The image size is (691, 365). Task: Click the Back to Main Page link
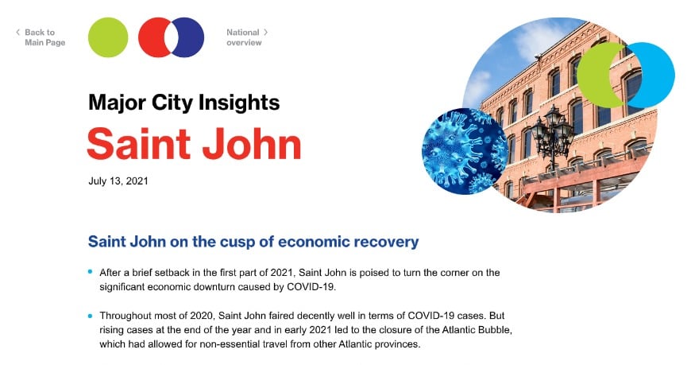(x=44, y=37)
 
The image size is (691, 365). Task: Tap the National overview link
(x=243, y=37)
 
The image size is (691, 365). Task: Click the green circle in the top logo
(x=108, y=37)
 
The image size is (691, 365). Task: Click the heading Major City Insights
(x=183, y=103)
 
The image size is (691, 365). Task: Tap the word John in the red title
(x=252, y=143)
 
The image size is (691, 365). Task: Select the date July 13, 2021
(x=118, y=181)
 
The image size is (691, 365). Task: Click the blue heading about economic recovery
(x=253, y=241)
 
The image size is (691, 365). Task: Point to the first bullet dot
(x=91, y=272)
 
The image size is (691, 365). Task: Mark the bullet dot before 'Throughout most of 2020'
(x=91, y=316)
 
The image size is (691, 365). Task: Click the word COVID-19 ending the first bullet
(x=311, y=286)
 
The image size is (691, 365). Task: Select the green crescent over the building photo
(x=594, y=76)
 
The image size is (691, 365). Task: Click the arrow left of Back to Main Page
(x=17, y=33)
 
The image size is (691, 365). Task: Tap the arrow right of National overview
(x=266, y=33)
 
